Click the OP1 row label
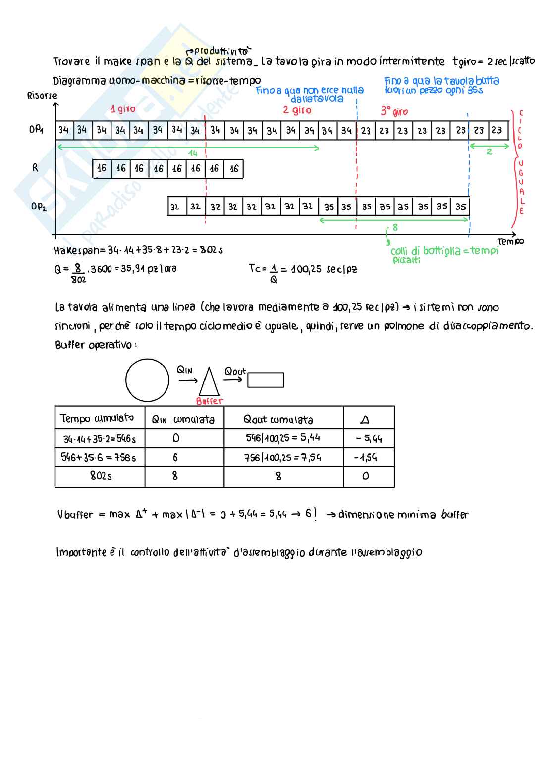pyautogui.click(x=36, y=130)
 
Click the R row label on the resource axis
pyautogui.click(x=35, y=168)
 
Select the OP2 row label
pyautogui.click(x=38, y=206)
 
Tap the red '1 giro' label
pyautogui.click(x=123, y=109)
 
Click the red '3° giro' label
pyautogui.click(x=394, y=111)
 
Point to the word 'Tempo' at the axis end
pyautogui.click(x=510, y=242)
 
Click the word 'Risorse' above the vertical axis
pyautogui.click(x=42, y=95)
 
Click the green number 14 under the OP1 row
pyautogui.click(x=193, y=153)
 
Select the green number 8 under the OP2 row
pyautogui.click(x=395, y=227)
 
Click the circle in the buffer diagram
pyautogui.click(x=147, y=380)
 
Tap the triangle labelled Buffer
pyautogui.click(x=209, y=382)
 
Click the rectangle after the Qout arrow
pyautogui.click(x=266, y=380)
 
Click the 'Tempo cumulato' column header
pyautogui.click(x=97, y=418)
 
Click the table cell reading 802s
pyautogui.click(x=101, y=476)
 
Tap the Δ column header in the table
pyautogui.click(x=365, y=420)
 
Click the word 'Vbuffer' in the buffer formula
pyautogui.click(x=75, y=515)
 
